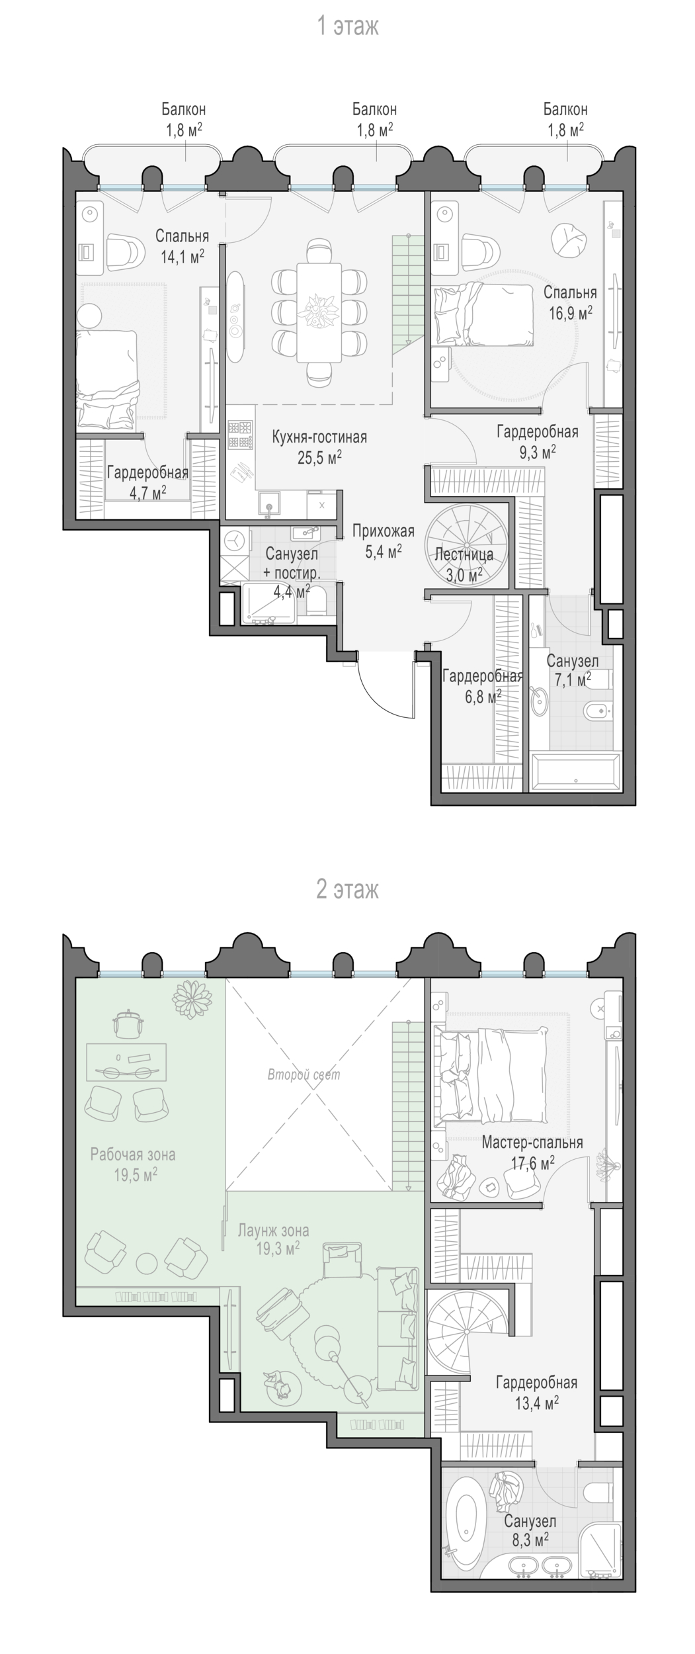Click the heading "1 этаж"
pyautogui.click(x=347, y=26)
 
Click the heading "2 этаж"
pyautogui.click(x=347, y=889)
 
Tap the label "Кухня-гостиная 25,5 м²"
pyautogui.click(x=319, y=447)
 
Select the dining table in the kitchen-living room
pyautogui.click(x=319, y=312)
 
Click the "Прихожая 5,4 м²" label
pyautogui.click(x=383, y=541)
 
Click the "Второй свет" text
pyautogui.click(x=304, y=1074)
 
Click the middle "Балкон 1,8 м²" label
pyautogui.click(x=375, y=119)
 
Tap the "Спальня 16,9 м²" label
pyautogui.click(x=570, y=302)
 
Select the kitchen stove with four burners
pyautogui.click(x=240, y=435)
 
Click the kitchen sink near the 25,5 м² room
pyautogui.click(x=269, y=504)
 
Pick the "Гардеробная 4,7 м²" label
pyautogui.click(x=147, y=482)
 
